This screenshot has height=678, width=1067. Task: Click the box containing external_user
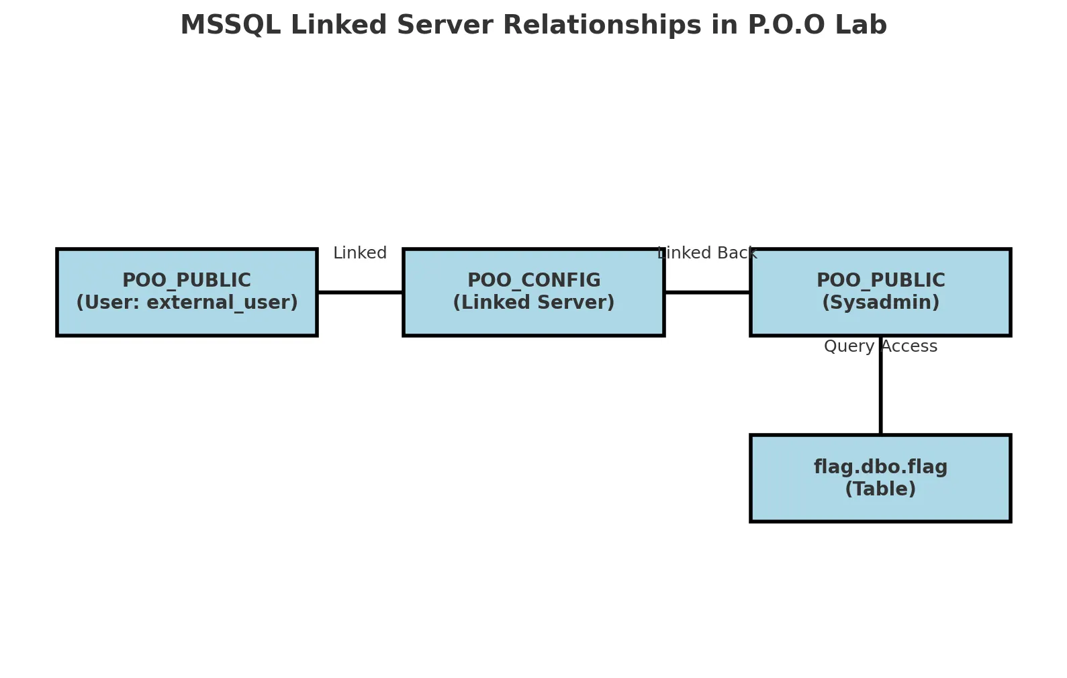[187, 292]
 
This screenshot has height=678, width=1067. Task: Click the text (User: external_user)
[187, 303]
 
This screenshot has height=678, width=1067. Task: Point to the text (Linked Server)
[534, 303]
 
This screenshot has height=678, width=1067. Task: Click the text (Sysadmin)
[880, 303]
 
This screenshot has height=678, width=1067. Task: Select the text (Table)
[880, 489]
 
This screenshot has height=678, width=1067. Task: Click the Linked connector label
[360, 253]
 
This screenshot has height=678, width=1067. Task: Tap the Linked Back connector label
[707, 253]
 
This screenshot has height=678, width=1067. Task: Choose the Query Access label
[880, 346]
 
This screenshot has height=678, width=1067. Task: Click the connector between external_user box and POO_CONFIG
[360, 292]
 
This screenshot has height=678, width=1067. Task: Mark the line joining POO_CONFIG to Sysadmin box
[707, 292]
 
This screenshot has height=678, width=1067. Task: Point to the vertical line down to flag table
[880, 396]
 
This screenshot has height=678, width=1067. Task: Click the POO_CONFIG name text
[534, 281]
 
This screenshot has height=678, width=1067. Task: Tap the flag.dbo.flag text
[880, 467]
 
